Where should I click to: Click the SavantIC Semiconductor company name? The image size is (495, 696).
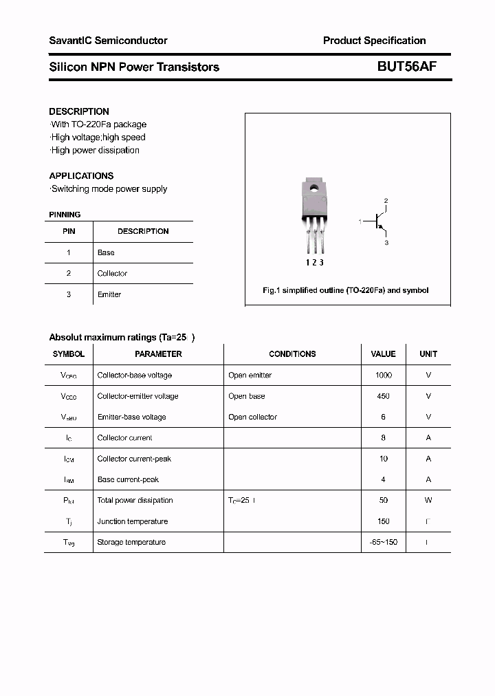tap(108, 41)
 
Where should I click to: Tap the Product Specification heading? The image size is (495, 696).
tap(374, 41)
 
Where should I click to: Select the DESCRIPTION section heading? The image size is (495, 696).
tap(79, 111)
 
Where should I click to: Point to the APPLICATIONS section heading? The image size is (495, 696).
tap(81, 176)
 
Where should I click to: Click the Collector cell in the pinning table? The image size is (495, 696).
tap(112, 274)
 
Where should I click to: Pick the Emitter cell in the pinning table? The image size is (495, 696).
tap(109, 294)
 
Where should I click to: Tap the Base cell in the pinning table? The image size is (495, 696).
tap(106, 252)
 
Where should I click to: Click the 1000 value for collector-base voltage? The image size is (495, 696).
tap(383, 376)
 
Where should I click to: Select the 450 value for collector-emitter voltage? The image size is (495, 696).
tap(383, 396)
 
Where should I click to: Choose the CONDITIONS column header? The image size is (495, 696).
tap(292, 354)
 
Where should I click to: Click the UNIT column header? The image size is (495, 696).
tap(428, 354)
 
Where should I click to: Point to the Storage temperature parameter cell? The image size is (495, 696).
tap(131, 543)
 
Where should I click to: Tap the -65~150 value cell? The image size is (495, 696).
tap(383, 543)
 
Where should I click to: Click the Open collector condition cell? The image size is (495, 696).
tap(252, 417)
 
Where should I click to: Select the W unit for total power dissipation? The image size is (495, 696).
tap(428, 501)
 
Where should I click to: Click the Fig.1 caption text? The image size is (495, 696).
tap(345, 290)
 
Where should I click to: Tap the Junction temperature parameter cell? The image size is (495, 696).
tap(133, 521)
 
